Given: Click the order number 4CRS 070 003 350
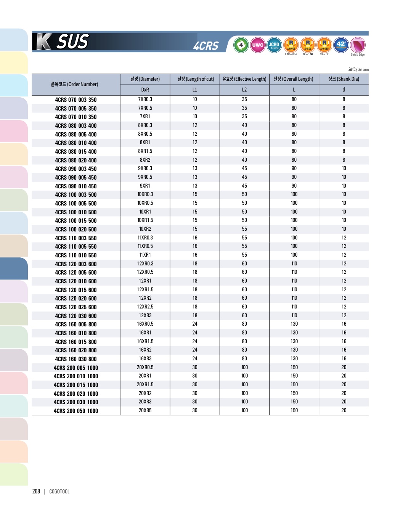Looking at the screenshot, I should tap(76, 100).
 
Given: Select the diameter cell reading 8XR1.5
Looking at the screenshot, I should tap(145, 151).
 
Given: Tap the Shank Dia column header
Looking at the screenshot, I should tap(343, 79).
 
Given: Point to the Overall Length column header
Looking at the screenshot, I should tap(293, 79).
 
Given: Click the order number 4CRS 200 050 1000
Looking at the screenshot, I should tap(76, 411).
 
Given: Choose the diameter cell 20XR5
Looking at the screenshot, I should tap(145, 411).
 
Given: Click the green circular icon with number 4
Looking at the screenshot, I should tap(241, 45).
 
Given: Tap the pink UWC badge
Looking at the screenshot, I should tap(258, 45).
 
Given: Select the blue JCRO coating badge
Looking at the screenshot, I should tap(274, 45).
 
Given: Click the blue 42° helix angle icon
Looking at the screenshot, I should tap(341, 45).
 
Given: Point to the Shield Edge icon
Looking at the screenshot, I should tap(358, 45).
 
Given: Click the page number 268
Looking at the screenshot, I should tap(36, 492).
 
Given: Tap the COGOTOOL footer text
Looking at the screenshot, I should tap(59, 492).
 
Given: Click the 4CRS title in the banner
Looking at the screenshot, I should tap(206, 46).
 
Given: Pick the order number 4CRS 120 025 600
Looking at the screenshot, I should tap(76, 307).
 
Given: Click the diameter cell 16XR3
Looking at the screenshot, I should tap(145, 359).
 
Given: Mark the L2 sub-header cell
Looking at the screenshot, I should tap(244, 90).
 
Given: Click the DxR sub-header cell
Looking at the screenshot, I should tap(145, 90).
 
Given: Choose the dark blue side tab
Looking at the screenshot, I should tap(14, 268).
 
